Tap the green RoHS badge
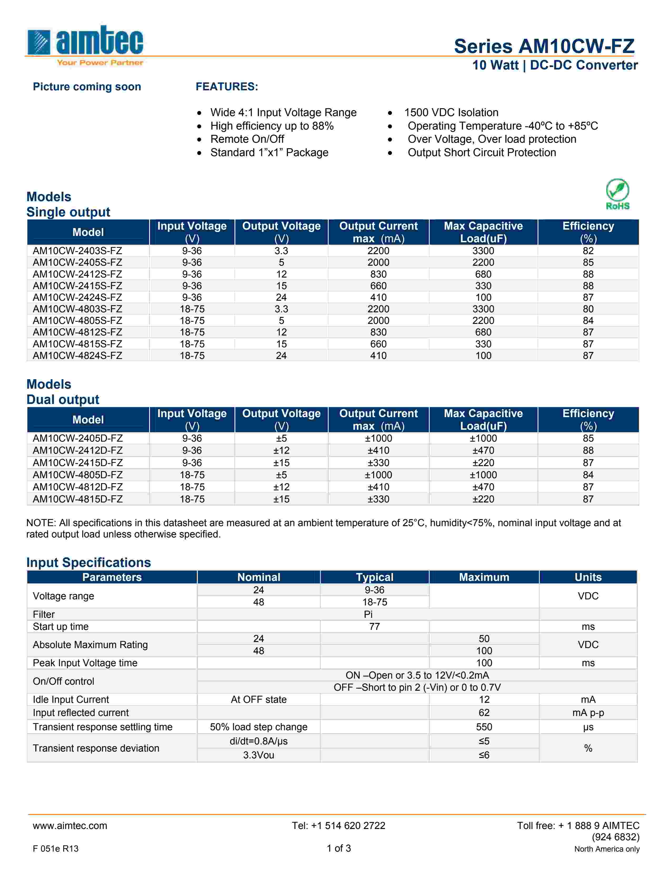coord(617,194)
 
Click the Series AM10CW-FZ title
coord(544,46)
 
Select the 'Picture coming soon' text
coord(87,87)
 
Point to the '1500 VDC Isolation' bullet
coord(451,113)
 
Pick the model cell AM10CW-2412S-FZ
coord(78,274)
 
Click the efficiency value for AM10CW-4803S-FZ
coord(588,309)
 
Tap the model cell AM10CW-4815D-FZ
coord(78,499)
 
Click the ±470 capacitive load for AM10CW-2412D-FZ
coord(483,450)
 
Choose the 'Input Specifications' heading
coord(89,562)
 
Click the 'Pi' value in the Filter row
coord(368,614)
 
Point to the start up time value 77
coord(374,627)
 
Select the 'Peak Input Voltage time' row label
coord(85,663)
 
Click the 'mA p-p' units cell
coord(588,713)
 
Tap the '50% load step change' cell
coord(258,727)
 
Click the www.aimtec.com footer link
coord(70,826)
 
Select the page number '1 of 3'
coord(339,848)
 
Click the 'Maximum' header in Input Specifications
coord(484,577)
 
